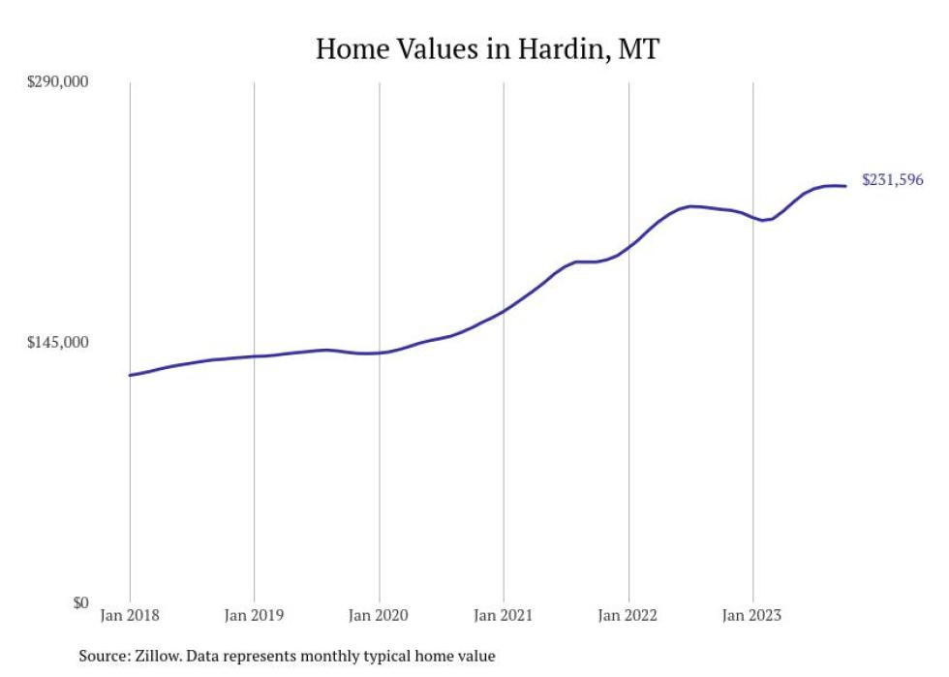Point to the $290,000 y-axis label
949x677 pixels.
[57, 81]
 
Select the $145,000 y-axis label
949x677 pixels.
[57, 343]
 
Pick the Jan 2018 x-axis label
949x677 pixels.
[130, 615]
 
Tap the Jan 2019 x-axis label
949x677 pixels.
[254, 615]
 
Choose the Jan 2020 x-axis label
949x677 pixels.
[379, 615]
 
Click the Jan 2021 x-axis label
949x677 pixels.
[504, 615]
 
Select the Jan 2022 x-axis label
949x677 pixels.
[628, 615]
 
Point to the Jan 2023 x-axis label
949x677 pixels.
[752, 615]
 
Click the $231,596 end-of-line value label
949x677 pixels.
[892, 180]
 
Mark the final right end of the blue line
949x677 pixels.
[846, 186]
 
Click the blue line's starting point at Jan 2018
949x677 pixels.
[130, 375]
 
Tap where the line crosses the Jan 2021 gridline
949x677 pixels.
[504, 311]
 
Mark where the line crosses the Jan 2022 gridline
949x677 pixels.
[628, 247]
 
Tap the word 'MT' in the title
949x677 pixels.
[638, 48]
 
